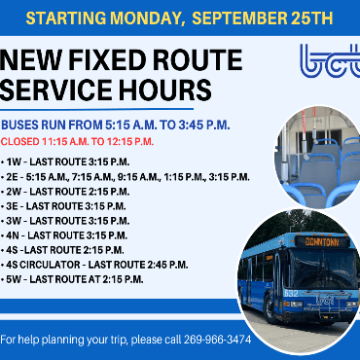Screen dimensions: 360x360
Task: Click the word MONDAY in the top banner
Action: [149, 18]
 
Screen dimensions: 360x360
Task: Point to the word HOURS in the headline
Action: [163, 90]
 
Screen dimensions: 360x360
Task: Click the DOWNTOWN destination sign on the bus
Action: [321, 240]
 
